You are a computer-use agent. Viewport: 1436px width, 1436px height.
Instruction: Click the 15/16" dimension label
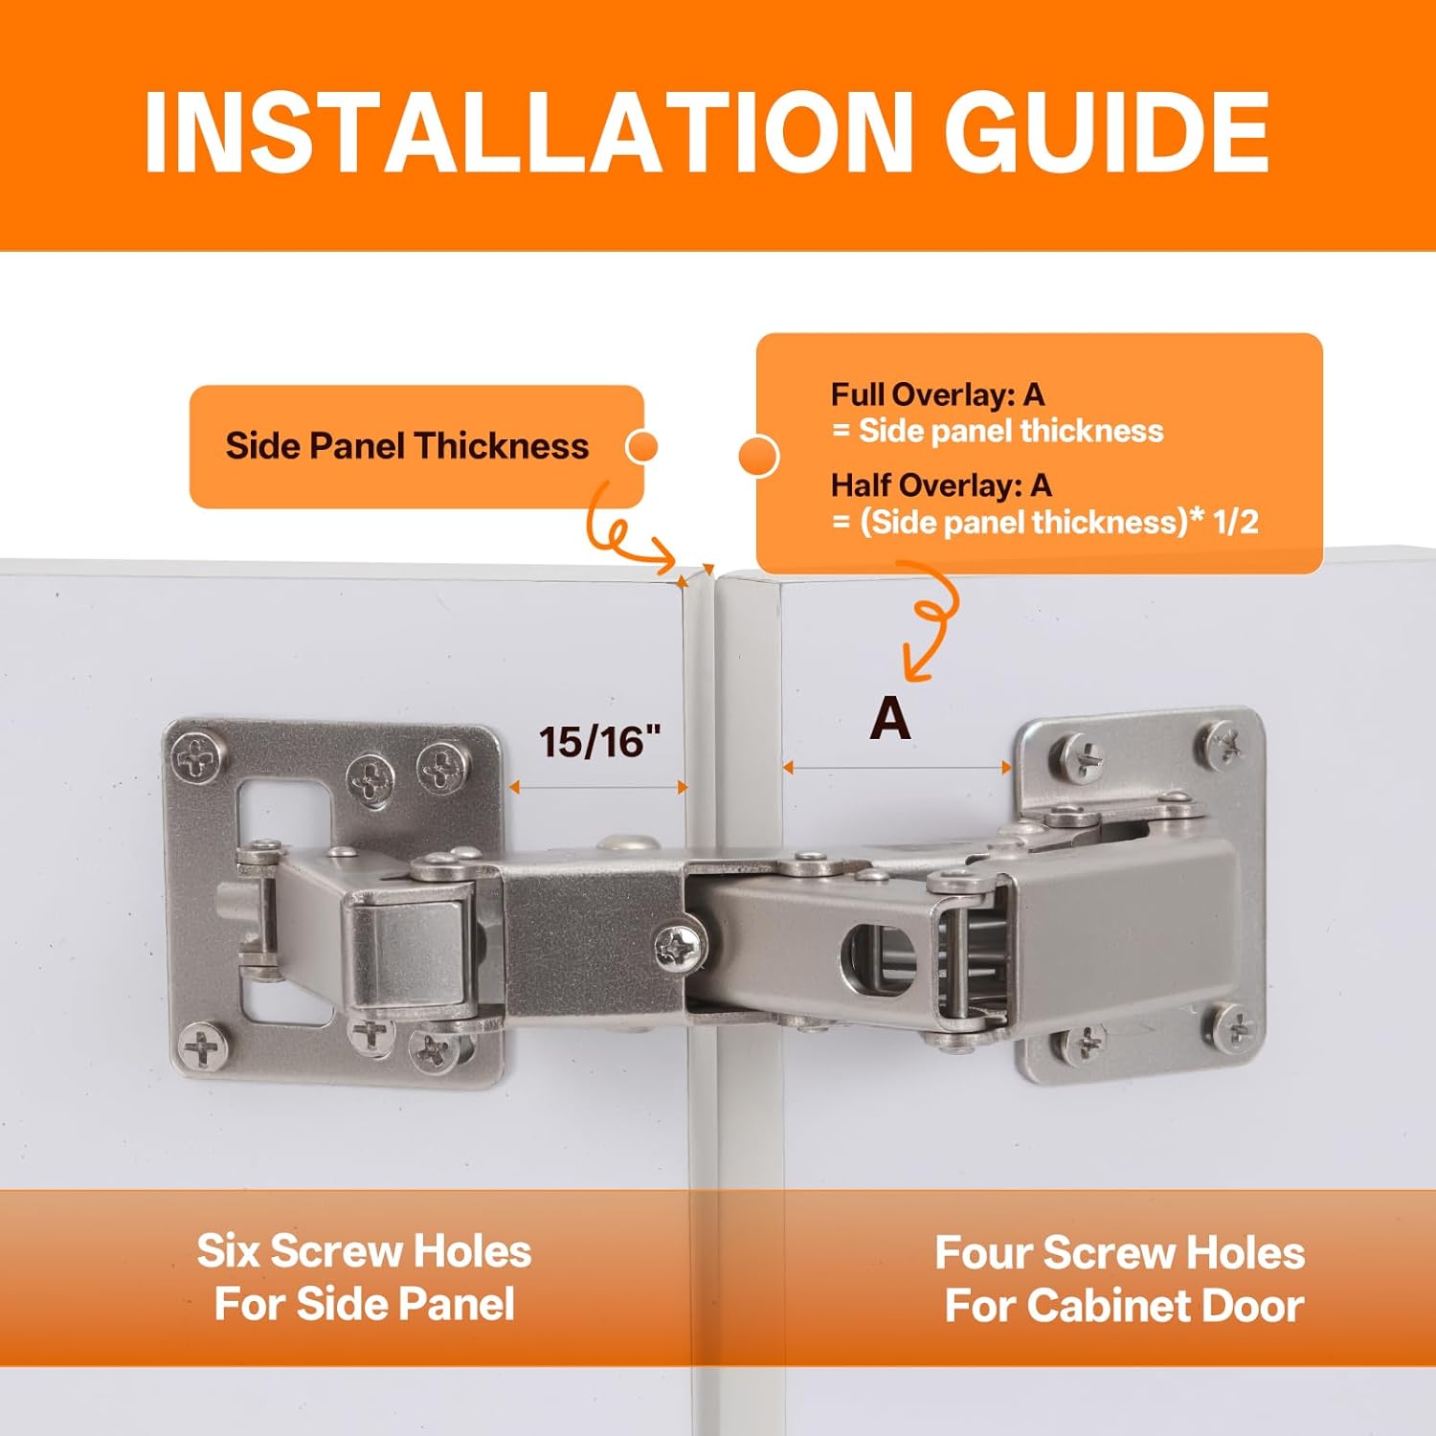click(x=599, y=742)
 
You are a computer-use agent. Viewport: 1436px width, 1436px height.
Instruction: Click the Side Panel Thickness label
click(x=407, y=446)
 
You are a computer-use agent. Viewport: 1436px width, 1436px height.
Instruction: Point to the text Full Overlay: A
click(x=937, y=394)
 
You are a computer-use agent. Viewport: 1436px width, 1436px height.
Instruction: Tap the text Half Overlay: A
click(x=941, y=485)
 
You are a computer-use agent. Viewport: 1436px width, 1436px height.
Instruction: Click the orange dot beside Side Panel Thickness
click(x=641, y=447)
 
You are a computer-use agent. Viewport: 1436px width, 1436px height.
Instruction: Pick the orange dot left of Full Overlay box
click(x=759, y=456)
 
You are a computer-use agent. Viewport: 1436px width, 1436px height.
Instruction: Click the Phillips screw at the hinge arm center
click(x=681, y=948)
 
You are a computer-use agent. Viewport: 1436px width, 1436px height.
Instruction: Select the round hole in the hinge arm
click(x=877, y=957)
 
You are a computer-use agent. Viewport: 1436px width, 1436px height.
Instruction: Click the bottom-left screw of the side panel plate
click(x=202, y=1048)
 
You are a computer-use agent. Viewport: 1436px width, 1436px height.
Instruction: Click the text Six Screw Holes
click(x=364, y=1251)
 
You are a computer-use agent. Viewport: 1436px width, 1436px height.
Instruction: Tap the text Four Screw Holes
click(x=1119, y=1253)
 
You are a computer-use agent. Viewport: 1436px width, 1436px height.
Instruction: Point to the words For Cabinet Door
click(x=1124, y=1306)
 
